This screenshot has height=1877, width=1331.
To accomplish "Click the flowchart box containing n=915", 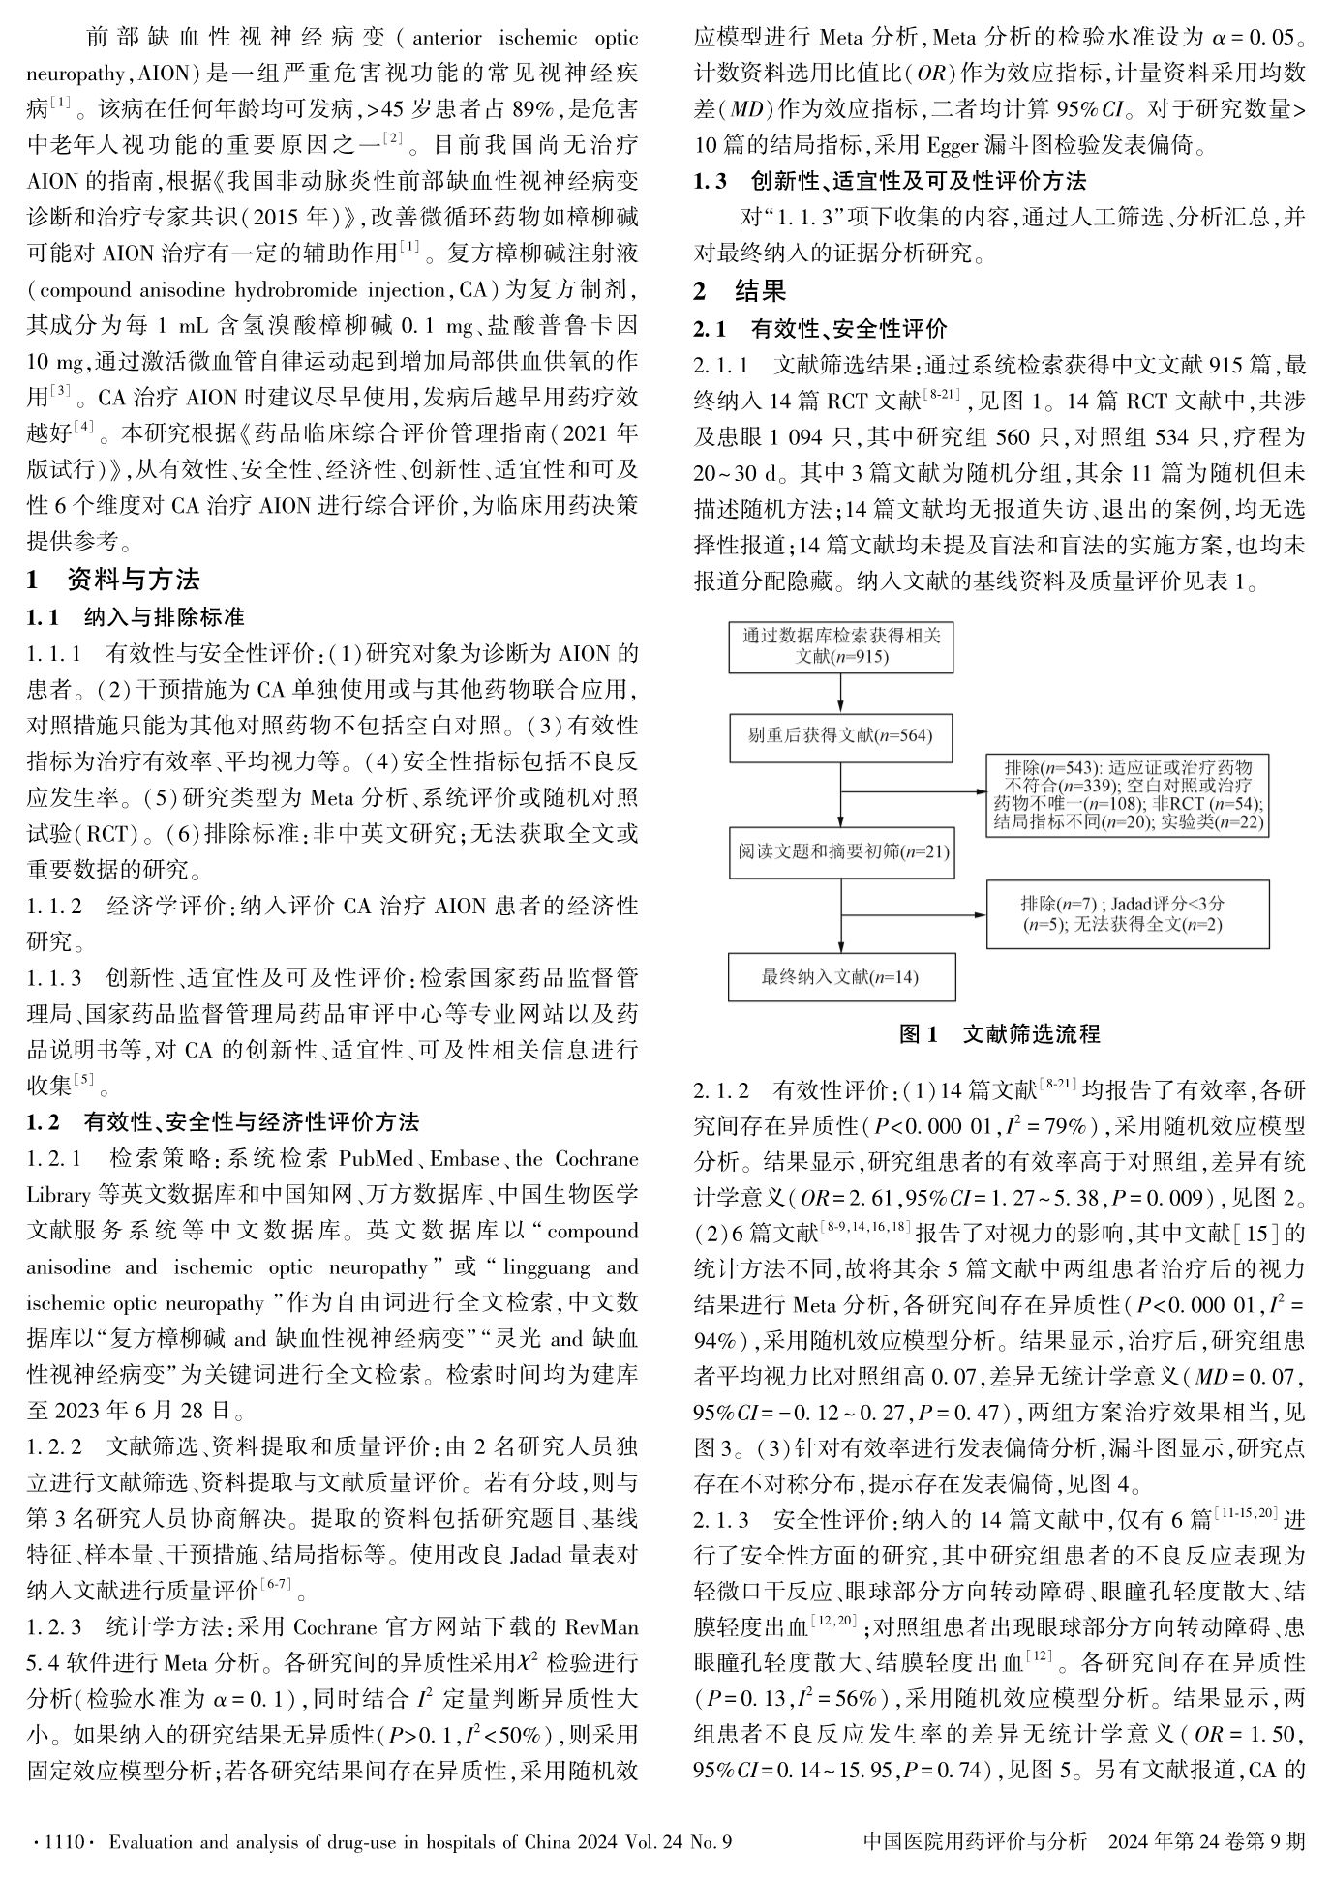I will coord(839,646).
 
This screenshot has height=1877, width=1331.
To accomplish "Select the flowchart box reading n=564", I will coord(839,736).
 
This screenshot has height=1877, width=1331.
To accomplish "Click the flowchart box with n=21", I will coord(839,852).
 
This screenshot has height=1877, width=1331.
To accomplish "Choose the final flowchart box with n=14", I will coord(839,976).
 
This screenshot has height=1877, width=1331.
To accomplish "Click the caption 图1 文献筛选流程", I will coord(999,1034).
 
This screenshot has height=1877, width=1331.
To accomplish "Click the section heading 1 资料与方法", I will coord(113,580).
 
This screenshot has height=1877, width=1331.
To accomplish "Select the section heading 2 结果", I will coord(741,291).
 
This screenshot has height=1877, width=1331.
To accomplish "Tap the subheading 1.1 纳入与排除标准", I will coord(136,617).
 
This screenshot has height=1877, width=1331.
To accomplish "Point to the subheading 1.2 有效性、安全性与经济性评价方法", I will coord(223,1122).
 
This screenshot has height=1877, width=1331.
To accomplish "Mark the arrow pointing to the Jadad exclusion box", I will coord(915,912).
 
